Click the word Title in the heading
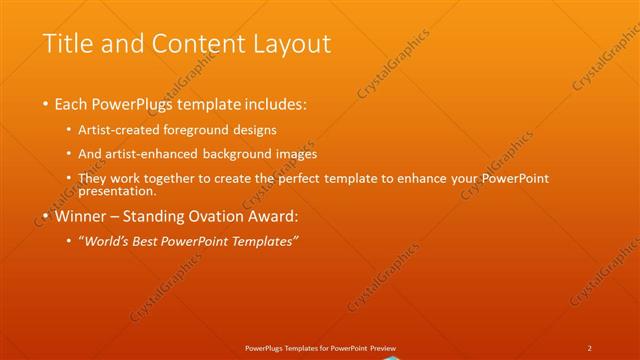69,44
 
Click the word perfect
312,178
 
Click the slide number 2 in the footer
590,347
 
